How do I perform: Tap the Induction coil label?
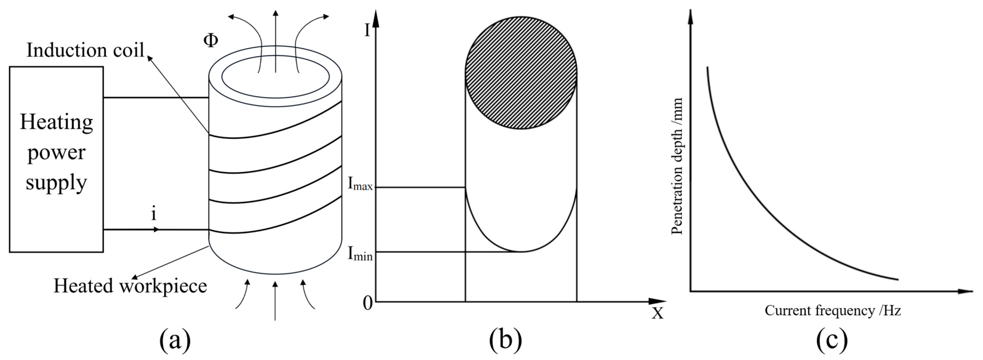[85, 50]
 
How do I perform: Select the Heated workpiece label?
[130, 286]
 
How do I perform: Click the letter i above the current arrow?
[154, 214]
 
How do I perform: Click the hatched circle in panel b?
[521, 72]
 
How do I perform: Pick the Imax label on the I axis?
[359, 184]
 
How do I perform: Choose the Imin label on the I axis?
[359, 254]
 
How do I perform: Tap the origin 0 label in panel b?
[367, 303]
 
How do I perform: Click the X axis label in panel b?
[657, 313]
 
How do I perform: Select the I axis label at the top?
[367, 30]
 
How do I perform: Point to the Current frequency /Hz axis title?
[833, 311]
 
